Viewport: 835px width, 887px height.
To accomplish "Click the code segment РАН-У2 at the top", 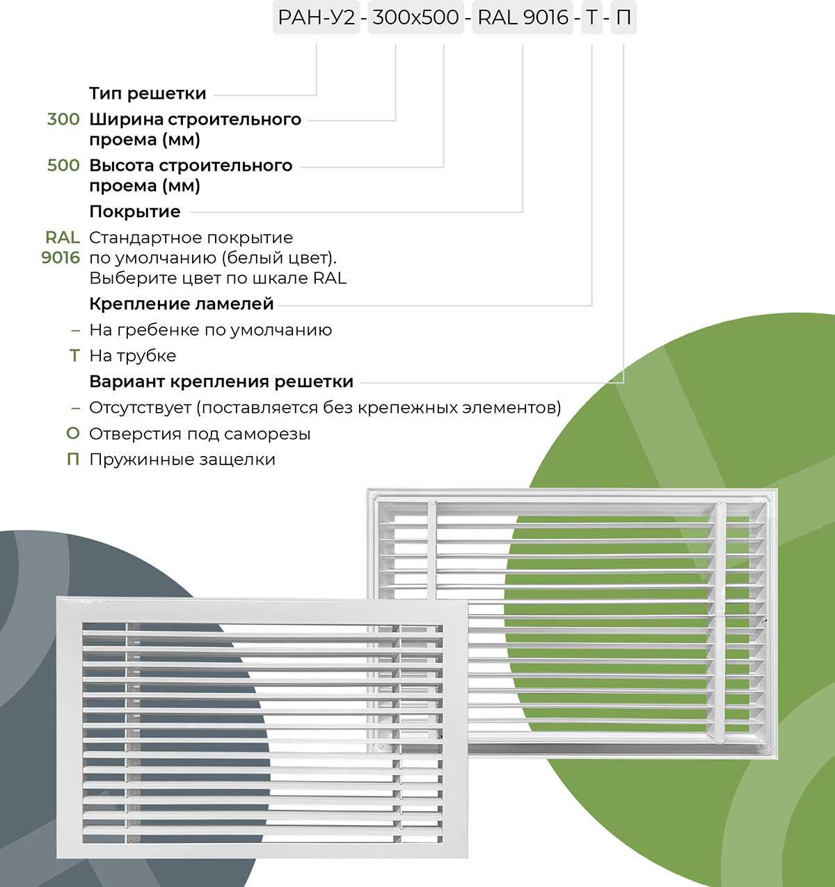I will (315, 17).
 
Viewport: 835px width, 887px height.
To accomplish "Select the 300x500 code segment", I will (415, 17).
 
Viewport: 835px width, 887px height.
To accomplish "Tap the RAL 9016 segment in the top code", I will (523, 17).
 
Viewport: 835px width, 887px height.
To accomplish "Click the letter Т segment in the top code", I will (591, 17).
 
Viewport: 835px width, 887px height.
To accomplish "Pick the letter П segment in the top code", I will (623, 17).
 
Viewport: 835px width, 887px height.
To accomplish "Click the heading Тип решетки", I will (148, 93).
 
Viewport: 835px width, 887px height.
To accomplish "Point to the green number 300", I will (63, 119).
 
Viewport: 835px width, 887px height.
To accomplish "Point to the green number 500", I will (63, 165).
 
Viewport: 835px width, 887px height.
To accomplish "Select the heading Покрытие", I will (135, 212).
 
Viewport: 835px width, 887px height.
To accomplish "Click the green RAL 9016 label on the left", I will (61, 247).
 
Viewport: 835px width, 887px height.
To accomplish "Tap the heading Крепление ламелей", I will (181, 304).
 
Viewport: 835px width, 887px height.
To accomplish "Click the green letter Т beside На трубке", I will (74, 356).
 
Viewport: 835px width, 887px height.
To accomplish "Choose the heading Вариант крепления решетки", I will (221, 382).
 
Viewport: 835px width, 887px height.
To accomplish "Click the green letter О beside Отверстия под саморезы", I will (73, 434).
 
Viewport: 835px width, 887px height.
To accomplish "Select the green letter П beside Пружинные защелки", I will (73, 460).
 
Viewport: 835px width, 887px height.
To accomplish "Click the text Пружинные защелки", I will (182, 460).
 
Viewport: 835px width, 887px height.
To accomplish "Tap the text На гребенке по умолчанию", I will (210, 330).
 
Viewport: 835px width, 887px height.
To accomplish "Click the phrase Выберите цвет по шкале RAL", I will (218, 278).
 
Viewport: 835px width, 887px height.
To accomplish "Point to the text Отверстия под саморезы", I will (200, 434).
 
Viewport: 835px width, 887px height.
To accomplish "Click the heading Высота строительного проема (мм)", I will (191, 175).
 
